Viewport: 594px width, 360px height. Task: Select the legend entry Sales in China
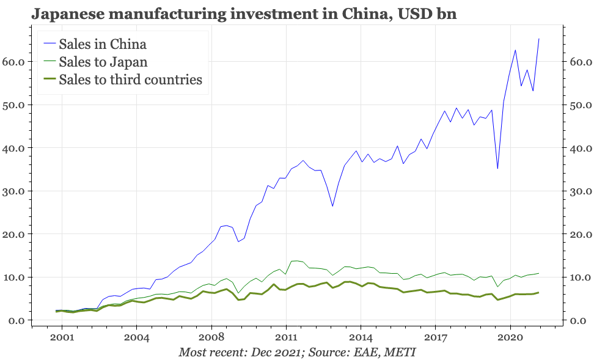[x=103, y=44]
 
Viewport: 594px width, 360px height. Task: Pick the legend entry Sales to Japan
[x=103, y=62]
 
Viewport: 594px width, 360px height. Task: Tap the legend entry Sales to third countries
[x=130, y=80]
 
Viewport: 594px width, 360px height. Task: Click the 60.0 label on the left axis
[x=13, y=62]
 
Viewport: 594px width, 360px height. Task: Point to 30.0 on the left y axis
[x=13, y=191]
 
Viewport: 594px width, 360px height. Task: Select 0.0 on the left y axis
[x=16, y=321]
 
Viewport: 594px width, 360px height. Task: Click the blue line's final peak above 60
[x=538, y=39]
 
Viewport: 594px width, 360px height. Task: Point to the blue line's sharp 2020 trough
[x=497, y=169]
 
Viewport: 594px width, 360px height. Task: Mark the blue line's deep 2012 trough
[x=332, y=206]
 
